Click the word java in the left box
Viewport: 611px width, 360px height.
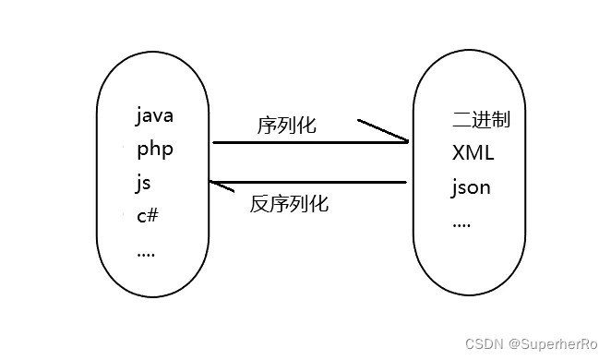154,116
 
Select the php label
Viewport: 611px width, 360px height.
154,150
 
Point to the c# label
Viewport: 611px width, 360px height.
148,216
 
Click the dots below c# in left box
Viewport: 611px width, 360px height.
146,253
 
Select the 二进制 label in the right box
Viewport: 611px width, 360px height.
481,120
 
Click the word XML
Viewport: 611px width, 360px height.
473,152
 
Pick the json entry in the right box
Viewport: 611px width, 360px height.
471,187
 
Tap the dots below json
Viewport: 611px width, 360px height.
461,224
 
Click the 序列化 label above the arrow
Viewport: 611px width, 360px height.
286,125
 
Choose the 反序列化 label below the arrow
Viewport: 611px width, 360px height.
289,204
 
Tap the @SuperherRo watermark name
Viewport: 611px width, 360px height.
553,343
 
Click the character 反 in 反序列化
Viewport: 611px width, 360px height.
259,204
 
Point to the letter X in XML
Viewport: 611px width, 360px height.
459,152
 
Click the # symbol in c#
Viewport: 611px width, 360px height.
154,216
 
